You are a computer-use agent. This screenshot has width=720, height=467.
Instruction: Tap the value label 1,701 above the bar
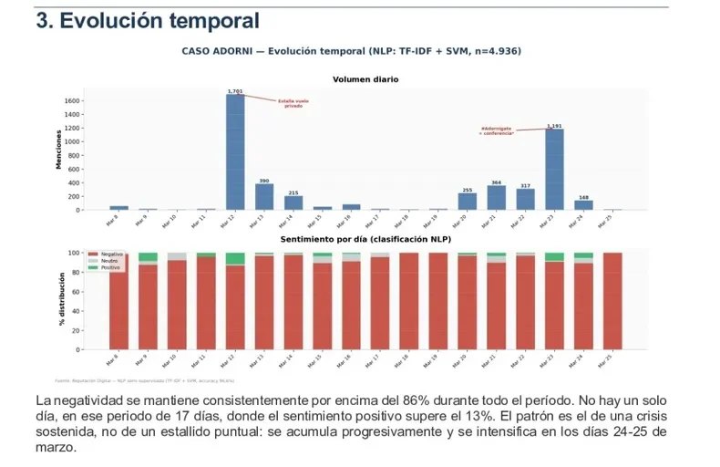tap(235, 91)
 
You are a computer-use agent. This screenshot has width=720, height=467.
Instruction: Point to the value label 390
tap(264, 181)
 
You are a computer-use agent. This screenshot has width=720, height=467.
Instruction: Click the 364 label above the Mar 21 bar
tap(496, 182)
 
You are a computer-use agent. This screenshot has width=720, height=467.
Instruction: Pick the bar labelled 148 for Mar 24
tap(583, 205)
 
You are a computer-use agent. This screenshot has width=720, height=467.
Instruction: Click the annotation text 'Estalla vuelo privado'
tap(293, 104)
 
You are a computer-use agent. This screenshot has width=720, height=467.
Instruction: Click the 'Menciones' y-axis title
tap(59, 150)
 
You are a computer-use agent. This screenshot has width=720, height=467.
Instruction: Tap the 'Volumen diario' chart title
tap(365, 79)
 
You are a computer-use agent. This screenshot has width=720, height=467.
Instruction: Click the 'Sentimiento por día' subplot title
tap(365, 238)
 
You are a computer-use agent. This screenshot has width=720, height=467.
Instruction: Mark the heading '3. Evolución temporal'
tap(148, 20)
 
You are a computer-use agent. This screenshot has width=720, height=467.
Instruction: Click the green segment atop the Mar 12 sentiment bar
tap(235, 258)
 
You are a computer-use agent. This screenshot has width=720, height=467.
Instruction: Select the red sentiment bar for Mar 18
tap(409, 300)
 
